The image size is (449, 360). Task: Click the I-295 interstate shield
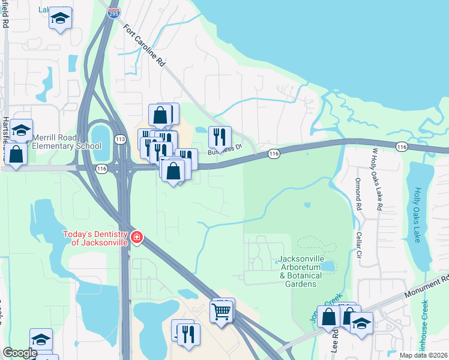114,11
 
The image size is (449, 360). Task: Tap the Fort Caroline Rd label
144,46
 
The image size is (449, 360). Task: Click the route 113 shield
120,139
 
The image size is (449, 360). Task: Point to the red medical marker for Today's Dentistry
137,238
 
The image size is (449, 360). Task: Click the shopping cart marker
221,311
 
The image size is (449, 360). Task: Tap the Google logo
20,353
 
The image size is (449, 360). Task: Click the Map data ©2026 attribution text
423,355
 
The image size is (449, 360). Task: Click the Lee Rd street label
334,343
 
